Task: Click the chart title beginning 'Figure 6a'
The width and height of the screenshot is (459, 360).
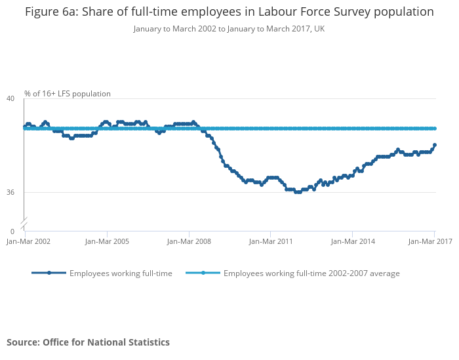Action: pos(229,12)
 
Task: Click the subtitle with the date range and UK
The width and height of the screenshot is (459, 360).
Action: pos(229,29)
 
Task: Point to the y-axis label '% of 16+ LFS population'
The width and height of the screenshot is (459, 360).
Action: pos(68,94)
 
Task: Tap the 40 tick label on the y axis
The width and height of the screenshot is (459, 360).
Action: pos(10,98)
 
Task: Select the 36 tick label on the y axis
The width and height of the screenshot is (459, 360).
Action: pos(10,192)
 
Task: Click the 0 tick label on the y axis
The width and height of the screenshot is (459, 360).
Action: pos(12,231)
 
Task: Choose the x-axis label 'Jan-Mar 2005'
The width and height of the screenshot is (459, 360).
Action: pos(108,241)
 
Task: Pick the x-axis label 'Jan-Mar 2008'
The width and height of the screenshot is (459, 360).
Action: pos(190,241)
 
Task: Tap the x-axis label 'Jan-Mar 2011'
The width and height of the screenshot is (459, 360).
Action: pos(271,241)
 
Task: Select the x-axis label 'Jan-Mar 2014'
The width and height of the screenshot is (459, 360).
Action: pos(353,241)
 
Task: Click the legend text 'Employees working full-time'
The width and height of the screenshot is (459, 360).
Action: pos(121,273)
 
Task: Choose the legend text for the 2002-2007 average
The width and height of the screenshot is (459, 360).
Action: pos(311,273)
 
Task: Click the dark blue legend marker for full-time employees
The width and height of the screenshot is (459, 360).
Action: pos(49,273)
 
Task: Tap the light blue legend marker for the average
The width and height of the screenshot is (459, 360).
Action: pos(203,273)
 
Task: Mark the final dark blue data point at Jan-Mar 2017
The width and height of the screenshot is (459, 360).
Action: pos(435,145)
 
